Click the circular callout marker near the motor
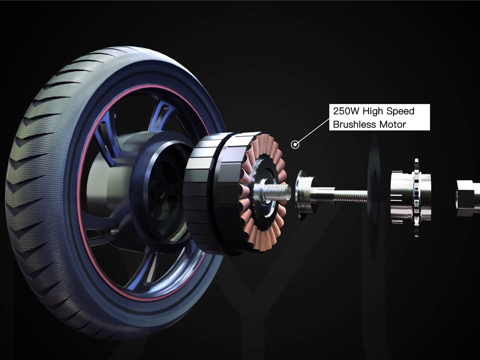295,144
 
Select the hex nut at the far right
467,197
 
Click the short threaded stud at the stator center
273,192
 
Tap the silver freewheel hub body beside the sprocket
400,197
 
